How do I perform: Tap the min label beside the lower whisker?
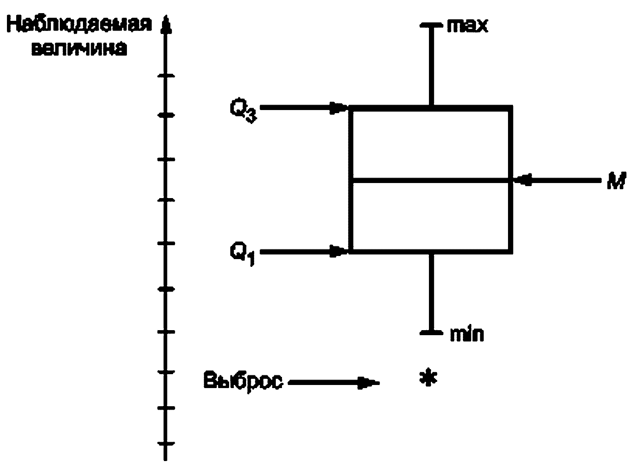[x=467, y=334]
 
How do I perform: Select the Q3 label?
[x=243, y=110]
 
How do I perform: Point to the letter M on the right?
[x=616, y=181]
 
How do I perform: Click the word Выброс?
[x=243, y=382]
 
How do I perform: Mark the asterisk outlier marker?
[x=428, y=377]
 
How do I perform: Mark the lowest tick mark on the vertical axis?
[x=166, y=444]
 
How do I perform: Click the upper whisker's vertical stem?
[x=431, y=66]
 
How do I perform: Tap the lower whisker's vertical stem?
[x=431, y=292]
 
